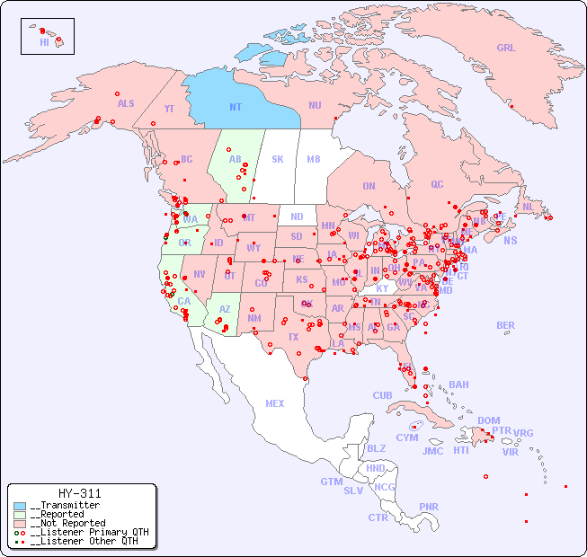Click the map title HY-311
point(79,493)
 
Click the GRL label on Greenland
point(506,48)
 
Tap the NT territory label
point(236,107)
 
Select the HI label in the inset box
point(44,42)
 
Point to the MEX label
point(275,403)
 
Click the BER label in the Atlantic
point(505,325)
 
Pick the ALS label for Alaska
point(126,103)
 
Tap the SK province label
point(278,159)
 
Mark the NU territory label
point(315,105)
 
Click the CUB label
point(382,395)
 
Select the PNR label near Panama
point(429,507)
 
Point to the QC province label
point(437,184)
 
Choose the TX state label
point(293,337)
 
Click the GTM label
point(331,482)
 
